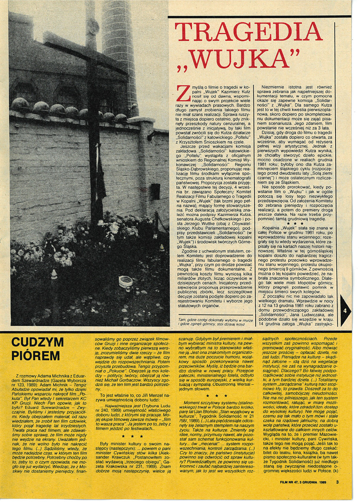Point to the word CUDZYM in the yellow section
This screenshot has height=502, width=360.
coord(37,343)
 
